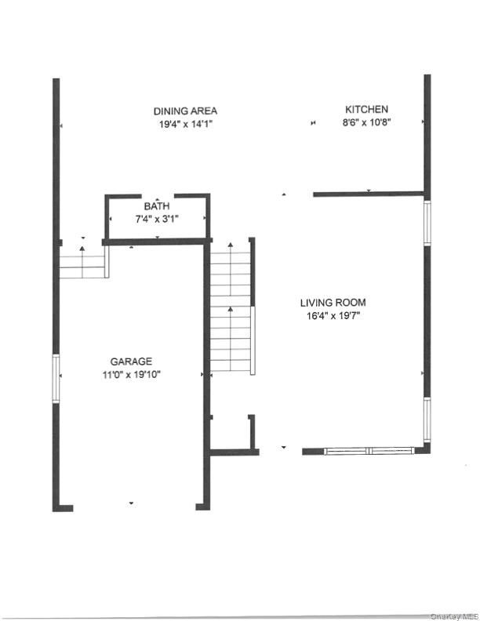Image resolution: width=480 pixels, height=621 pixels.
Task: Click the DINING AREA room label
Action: pyautogui.click(x=185, y=111)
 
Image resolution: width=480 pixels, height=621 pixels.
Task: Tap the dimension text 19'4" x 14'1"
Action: pyautogui.click(x=185, y=123)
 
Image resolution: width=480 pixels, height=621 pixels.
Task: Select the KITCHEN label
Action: pyautogui.click(x=367, y=110)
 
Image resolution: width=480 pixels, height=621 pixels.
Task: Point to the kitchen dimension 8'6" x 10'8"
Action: pyautogui.click(x=367, y=122)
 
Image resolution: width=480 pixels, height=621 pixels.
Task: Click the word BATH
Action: pyautogui.click(x=156, y=207)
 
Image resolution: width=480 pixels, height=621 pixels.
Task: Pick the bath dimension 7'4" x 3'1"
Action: pyautogui.click(x=157, y=219)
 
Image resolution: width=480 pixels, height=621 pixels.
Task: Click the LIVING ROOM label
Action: pyautogui.click(x=333, y=303)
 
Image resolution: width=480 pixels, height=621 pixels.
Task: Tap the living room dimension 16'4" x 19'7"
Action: pyautogui.click(x=333, y=316)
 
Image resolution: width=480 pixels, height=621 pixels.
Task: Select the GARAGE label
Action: pyautogui.click(x=131, y=361)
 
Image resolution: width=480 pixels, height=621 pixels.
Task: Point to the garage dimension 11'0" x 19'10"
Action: pyautogui.click(x=131, y=375)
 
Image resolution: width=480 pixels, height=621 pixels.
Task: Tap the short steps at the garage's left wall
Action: pyautogui.click(x=82, y=262)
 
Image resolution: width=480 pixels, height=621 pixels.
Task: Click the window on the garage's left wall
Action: pyautogui.click(x=56, y=378)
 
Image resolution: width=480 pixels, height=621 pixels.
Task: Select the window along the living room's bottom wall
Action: pyautogui.click(x=369, y=451)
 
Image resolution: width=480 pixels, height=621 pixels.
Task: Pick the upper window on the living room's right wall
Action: pyautogui.click(x=427, y=223)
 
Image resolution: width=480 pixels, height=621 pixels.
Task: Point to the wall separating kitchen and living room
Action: pyautogui.click(x=369, y=194)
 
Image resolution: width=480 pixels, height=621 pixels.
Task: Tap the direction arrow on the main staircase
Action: pyautogui.click(x=230, y=310)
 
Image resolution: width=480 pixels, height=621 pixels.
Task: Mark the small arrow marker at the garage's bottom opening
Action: pyautogui.click(x=131, y=503)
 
